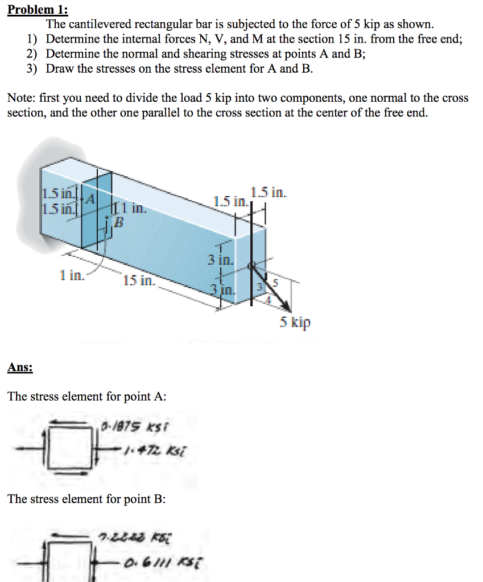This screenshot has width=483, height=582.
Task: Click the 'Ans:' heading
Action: click(x=20, y=367)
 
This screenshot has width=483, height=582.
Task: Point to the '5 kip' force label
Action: click(x=295, y=323)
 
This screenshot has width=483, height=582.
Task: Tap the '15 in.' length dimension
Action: click(x=138, y=280)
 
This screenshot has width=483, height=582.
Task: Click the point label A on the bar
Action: click(x=90, y=197)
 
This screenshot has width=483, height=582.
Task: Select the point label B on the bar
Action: click(x=119, y=221)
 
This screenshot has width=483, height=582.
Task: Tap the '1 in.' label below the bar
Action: click(x=72, y=276)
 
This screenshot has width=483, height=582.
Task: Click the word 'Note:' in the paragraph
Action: click(x=22, y=98)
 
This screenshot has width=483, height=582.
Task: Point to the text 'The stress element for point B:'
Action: click(x=86, y=499)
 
